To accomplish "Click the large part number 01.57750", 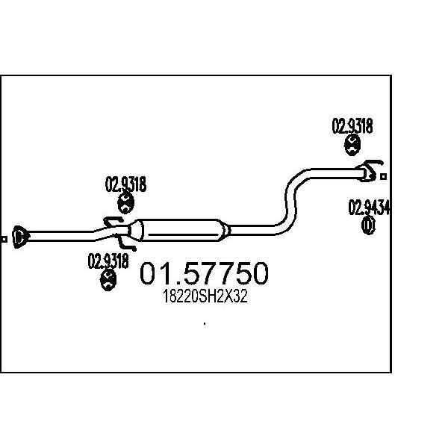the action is [x=204, y=273].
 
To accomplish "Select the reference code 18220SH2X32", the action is [x=205, y=296].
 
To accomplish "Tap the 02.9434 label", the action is [x=369, y=208].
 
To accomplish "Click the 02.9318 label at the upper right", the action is [x=352, y=126].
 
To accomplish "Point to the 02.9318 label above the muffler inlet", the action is [x=125, y=184].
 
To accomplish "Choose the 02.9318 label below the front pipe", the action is [x=108, y=261].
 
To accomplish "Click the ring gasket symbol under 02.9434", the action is [x=368, y=225].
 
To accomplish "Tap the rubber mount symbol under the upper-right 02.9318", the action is [x=352, y=146].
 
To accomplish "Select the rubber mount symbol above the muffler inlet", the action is [x=125, y=203].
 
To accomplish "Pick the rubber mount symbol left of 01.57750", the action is [x=108, y=280].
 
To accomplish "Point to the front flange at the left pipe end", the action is [x=20, y=237].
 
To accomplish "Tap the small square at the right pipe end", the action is [x=384, y=177].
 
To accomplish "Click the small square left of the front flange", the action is [x=4, y=239].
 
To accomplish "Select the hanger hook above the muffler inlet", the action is [x=113, y=222].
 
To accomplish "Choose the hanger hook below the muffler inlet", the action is [x=125, y=243].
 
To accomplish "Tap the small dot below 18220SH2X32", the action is [x=205, y=324].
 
